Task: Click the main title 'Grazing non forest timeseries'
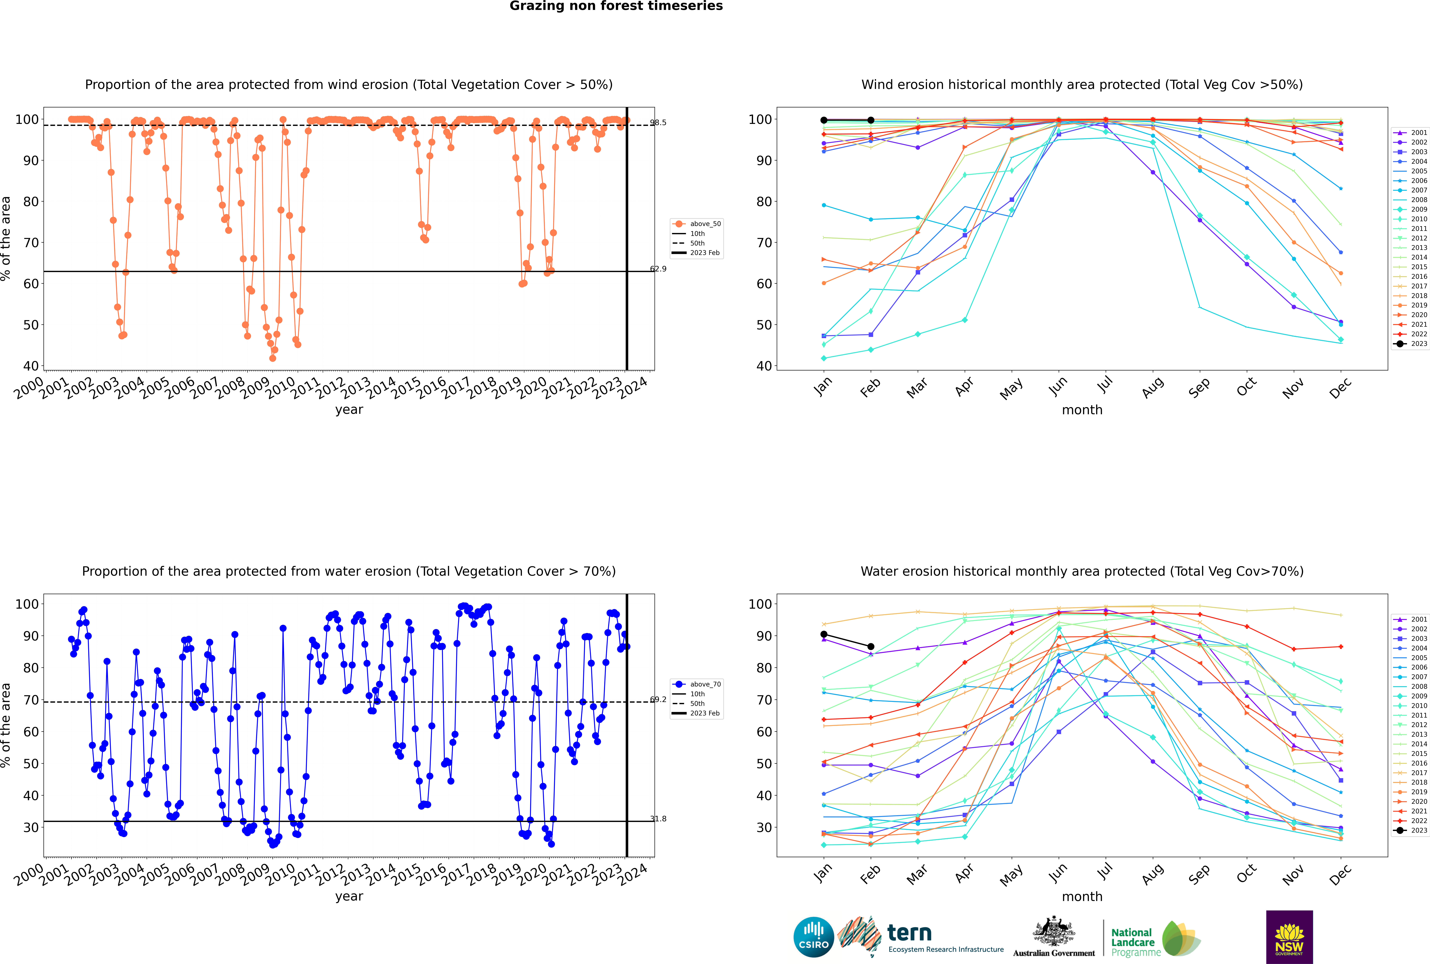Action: coord(616,6)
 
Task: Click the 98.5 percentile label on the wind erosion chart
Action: coord(658,122)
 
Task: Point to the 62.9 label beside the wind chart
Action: coord(658,269)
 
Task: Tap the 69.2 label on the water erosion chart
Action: coord(658,700)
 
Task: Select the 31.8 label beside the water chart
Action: coord(658,819)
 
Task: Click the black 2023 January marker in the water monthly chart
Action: coord(824,634)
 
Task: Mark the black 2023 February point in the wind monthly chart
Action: coord(871,120)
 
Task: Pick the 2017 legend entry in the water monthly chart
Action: coord(1419,773)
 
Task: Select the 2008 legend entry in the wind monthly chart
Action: coord(1419,200)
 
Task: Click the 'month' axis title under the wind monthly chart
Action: coord(1082,410)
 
